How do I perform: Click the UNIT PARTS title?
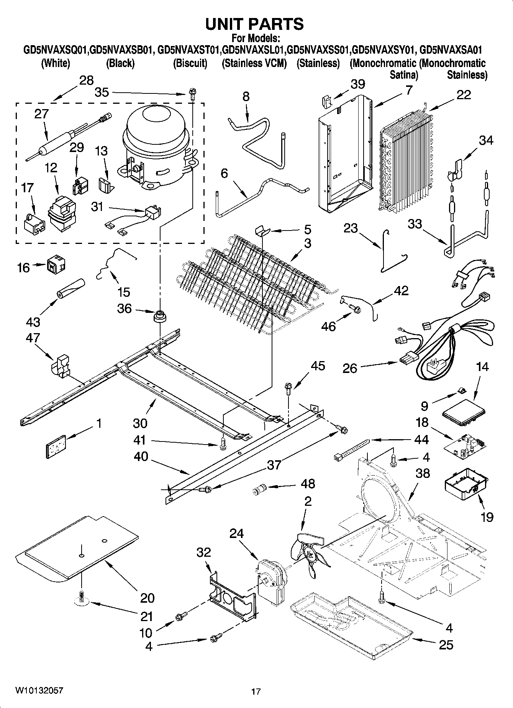click(x=254, y=24)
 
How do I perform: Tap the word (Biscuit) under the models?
click(x=190, y=63)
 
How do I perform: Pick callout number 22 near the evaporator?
click(x=464, y=95)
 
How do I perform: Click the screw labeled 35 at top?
click(x=192, y=92)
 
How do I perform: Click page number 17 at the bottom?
click(x=256, y=692)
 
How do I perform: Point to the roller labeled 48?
click(x=259, y=490)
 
